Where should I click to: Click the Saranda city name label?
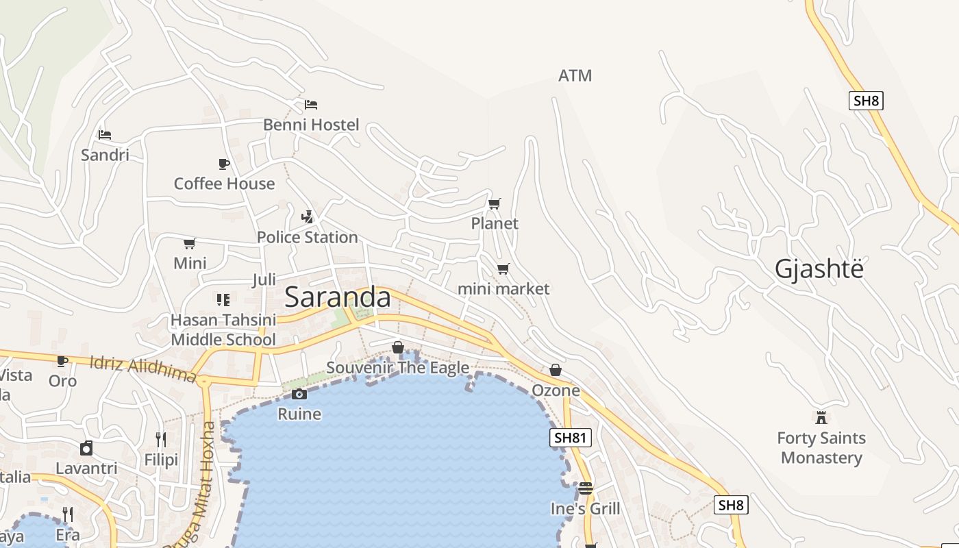tap(337, 297)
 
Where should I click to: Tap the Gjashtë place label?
tap(819, 269)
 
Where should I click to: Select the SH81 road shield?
tap(570, 438)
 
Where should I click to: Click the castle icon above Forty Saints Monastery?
tap(821, 417)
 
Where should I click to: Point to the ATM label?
tap(575, 75)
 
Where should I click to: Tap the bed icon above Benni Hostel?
tap(311, 105)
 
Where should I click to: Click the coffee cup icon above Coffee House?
tap(224, 164)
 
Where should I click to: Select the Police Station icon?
tap(308, 217)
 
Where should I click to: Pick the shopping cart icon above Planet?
tap(494, 203)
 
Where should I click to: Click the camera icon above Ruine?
tap(299, 394)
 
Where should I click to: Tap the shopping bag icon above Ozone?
tap(556, 370)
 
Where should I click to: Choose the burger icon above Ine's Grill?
tap(585, 488)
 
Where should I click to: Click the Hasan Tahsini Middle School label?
tap(223, 329)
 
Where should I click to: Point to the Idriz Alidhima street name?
tap(143, 368)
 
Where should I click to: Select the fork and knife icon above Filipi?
tap(161, 439)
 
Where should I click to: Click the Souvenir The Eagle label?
tap(397, 368)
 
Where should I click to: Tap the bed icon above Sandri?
tap(105, 135)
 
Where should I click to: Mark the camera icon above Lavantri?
tap(86, 448)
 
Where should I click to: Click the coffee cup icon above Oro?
tap(62, 361)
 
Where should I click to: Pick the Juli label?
tap(264, 279)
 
